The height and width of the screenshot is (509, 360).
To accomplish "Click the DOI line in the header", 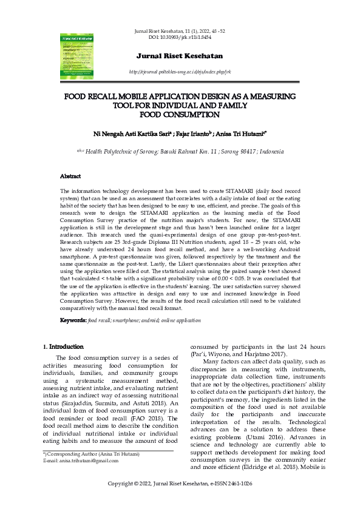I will pos(180,38).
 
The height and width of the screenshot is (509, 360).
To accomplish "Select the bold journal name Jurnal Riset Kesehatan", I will pos(180,56).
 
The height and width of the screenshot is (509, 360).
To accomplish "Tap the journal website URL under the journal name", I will pos(180,72).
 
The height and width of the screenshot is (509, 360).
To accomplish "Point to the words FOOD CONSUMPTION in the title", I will pos(180,114).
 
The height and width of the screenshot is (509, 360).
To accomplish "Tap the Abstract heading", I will pos(70,176).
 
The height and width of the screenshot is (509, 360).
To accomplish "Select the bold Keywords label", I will pos(73,320).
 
